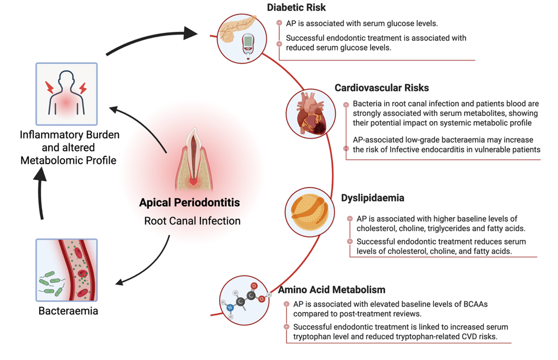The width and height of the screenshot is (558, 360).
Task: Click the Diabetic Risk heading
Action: point(296,7)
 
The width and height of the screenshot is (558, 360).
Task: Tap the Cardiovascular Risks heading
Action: point(382,88)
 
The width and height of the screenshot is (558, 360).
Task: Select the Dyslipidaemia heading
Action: point(373,198)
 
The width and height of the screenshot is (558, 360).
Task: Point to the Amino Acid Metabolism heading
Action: point(331,289)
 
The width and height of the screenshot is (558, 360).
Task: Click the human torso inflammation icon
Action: point(66,94)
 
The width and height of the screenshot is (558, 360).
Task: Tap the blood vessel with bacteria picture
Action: point(66,270)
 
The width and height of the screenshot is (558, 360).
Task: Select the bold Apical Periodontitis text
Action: point(189,202)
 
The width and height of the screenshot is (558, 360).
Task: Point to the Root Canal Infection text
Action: point(192,221)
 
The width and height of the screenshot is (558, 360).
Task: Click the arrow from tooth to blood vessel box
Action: point(149,267)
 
